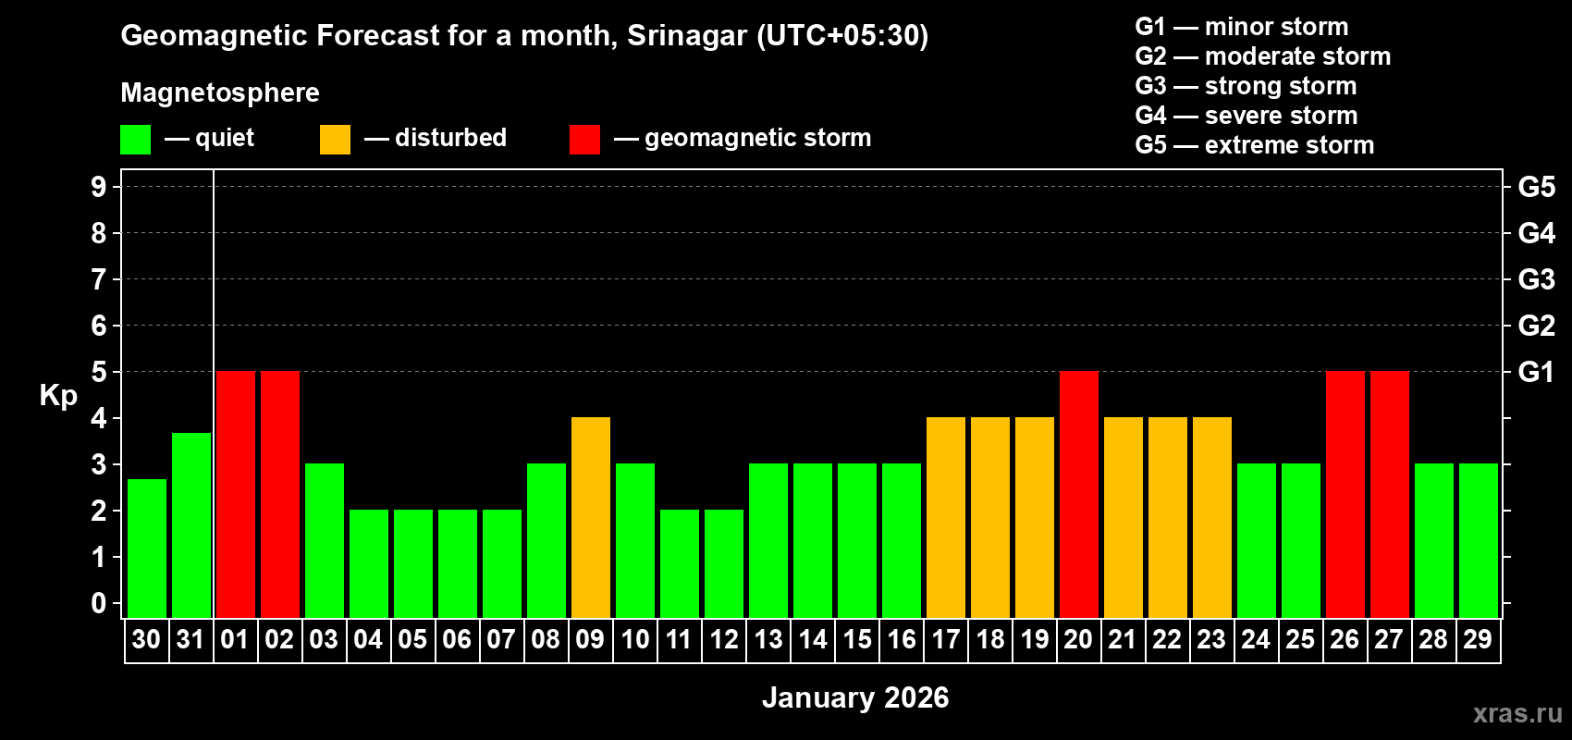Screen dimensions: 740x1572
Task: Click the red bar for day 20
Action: pyautogui.click(x=1078, y=494)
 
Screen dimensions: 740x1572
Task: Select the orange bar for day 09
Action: pyautogui.click(x=590, y=517)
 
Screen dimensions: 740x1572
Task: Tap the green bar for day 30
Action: pyautogui.click(x=146, y=548)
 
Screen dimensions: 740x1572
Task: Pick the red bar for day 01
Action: pyautogui.click(x=235, y=494)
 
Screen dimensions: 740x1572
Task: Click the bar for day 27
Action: pyautogui.click(x=1389, y=494)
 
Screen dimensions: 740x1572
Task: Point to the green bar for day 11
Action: pyautogui.click(x=679, y=563)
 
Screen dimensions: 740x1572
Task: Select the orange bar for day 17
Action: pyautogui.click(x=945, y=517)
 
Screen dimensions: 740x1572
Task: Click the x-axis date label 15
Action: pyautogui.click(x=856, y=639)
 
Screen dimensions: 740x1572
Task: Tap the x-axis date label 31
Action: pyautogui.click(x=190, y=639)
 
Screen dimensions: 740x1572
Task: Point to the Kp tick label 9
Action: pyautogui.click(x=98, y=187)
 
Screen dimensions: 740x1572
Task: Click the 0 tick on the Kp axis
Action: pyautogui.click(x=98, y=603)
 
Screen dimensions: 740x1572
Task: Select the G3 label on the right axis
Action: pyautogui.click(x=1536, y=279)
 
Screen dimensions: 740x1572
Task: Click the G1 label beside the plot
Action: pyautogui.click(x=1536, y=372)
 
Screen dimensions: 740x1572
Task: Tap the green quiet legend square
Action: pyautogui.click(x=135, y=140)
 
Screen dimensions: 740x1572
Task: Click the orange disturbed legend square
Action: pyautogui.click(x=335, y=140)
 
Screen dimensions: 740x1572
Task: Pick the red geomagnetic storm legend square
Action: pyautogui.click(x=584, y=140)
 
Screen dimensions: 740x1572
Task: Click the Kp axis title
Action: pyautogui.click(x=58, y=396)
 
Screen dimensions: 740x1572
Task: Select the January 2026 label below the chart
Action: pyautogui.click(x=855, y=697)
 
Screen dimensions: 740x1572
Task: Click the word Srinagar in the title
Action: pyautogui.click(x=686, y=35)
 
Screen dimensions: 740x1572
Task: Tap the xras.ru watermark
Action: pyautogui.click(x=1517, y=713)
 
